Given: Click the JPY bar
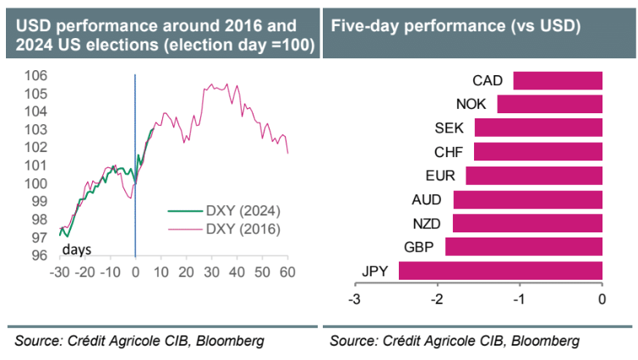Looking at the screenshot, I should (x=500, y=270).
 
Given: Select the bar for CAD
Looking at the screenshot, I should (x=558, y=80).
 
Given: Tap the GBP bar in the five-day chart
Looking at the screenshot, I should (x=524, y=247).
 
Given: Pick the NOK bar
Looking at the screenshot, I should (x=549, y=104).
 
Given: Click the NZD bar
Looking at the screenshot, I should (x=527, y=223).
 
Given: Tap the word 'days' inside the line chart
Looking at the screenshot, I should (x=75, y=248).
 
